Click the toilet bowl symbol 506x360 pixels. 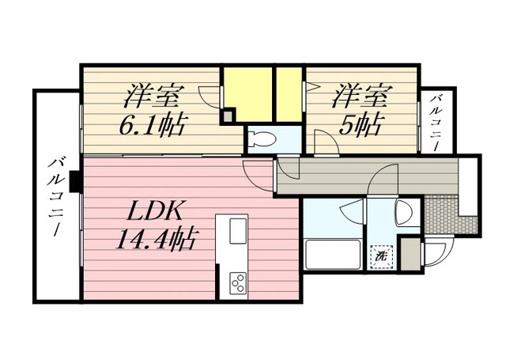pos(262,140)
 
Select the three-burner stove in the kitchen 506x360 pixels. pos(237,281)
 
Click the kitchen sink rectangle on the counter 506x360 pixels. pos(238,231)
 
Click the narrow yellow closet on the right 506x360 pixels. pos(289,93)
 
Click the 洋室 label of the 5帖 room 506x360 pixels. pos(361,97)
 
